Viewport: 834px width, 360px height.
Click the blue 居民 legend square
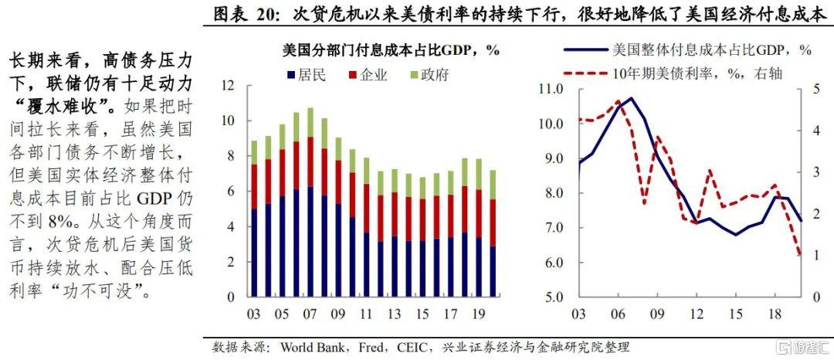(291, 75)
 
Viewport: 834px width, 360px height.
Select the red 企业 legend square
(352, 75)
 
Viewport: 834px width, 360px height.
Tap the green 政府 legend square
(413, 75)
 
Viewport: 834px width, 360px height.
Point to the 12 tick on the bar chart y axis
(228, 87)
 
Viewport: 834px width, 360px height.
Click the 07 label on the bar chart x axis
(310, 314)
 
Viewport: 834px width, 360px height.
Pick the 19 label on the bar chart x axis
(478, 314)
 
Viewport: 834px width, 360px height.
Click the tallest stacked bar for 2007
(310, 202)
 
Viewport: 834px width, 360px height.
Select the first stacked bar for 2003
(254, 219)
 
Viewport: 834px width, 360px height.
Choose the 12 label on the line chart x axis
(697, 314)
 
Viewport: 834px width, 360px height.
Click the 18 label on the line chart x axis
(775, 314)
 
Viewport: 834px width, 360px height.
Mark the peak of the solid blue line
(631, 98)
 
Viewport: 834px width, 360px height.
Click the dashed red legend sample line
(585, 73)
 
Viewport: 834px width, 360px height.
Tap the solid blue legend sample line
(585, 50)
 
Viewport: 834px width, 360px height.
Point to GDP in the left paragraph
(154, 199)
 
